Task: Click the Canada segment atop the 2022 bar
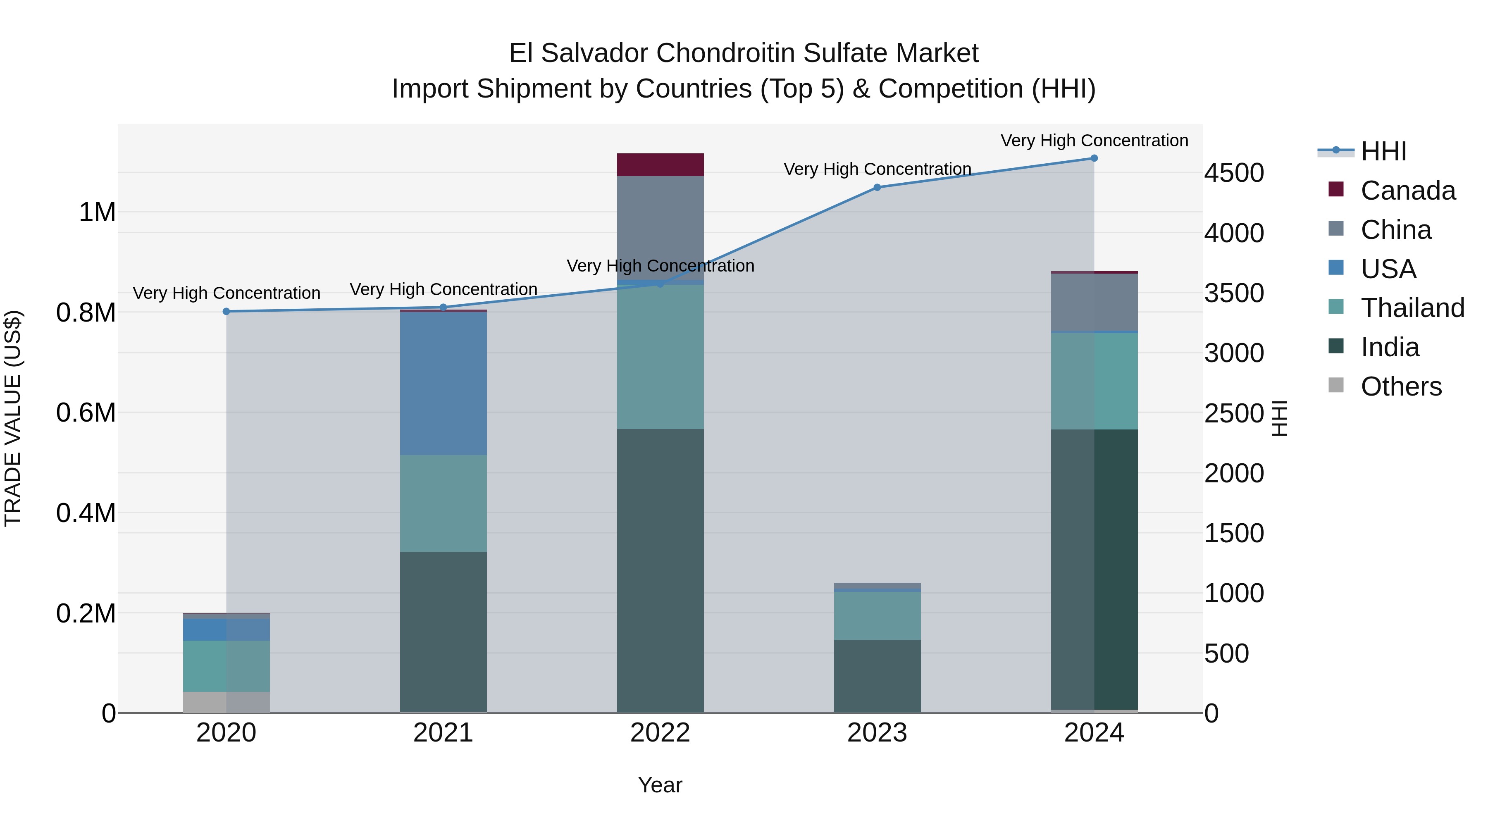click(x=660, y=165)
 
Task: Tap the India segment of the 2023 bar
click(x=877, y=675)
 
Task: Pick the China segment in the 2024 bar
click(x=1094, y=302)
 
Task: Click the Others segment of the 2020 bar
click(x=226, y=702)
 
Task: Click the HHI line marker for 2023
click(x=877, y=187)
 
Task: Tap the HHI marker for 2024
click(x=1094, y=158)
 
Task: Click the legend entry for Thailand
click(x=1412, y=308)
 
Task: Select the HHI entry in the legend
click(x=1383, y=151)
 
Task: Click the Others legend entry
click(x=1400, y=386)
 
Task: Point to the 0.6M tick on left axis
click(x=86, y=413)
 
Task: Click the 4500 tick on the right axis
click(x=1234, y=173)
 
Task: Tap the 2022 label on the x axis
click(x=660, y=733)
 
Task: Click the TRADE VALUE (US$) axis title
click(x=13, y=418)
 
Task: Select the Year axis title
click(x=660, y=785)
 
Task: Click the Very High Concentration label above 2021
click(x=443, y=289)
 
